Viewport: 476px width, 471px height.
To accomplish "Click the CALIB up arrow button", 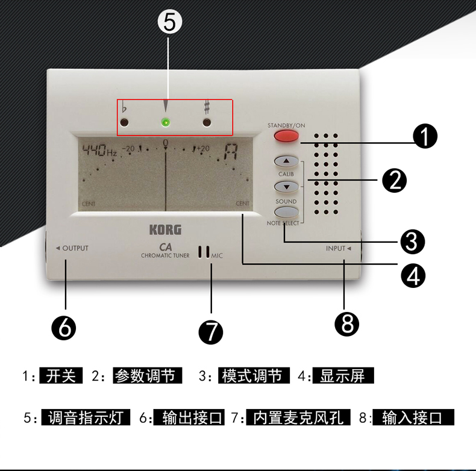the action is [286, 161].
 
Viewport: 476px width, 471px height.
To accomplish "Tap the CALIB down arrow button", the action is [286, 186].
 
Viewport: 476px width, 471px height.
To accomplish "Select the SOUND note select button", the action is [286, 211].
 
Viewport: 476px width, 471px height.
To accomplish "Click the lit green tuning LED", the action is [166, 123].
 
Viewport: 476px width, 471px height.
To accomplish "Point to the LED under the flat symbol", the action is [124, 123].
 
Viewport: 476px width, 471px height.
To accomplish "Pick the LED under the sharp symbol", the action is [207, 123].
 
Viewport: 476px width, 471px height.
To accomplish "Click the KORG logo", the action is [165, 229].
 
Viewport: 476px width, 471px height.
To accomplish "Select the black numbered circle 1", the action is [425, 137].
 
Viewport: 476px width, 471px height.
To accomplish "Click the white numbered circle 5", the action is [169, 22].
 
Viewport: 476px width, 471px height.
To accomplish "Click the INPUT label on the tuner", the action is [336, 248].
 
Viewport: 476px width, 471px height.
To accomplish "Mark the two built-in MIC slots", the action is [204, 252].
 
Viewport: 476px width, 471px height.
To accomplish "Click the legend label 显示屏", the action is [343, 376].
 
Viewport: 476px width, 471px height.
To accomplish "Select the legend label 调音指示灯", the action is [86, 417].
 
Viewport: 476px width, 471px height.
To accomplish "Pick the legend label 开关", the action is [61, 376].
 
